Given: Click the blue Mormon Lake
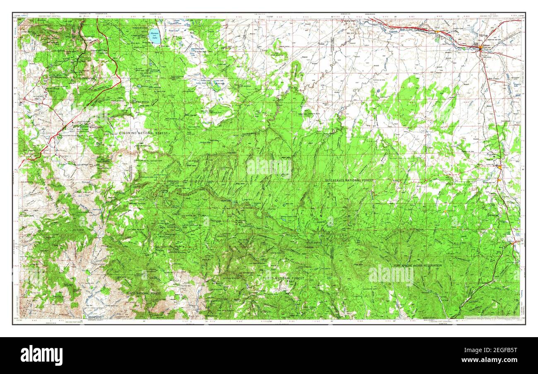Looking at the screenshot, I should pyautogui.click(x=155, y=36).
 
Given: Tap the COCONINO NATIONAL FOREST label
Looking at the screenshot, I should pyautogui.click(x=144, y=133).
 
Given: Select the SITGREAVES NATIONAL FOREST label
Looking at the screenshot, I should pyautogui.click(x=349, y=181).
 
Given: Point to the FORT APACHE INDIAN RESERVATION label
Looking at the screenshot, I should pyautogui.click(x=418, y=265).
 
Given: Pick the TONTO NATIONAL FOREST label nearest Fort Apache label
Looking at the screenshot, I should pyautogui.click(x=283, y=278).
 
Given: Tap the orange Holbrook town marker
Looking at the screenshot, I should pyautogui.click(x=480, y=48).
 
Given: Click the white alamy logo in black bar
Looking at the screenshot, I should pyautogui.click(x=41, y=355).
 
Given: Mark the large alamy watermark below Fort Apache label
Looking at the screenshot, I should pyautogui.click(x=391, y=275).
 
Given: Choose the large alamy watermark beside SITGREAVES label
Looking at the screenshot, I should pyautogui.click(x=269, y=167).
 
